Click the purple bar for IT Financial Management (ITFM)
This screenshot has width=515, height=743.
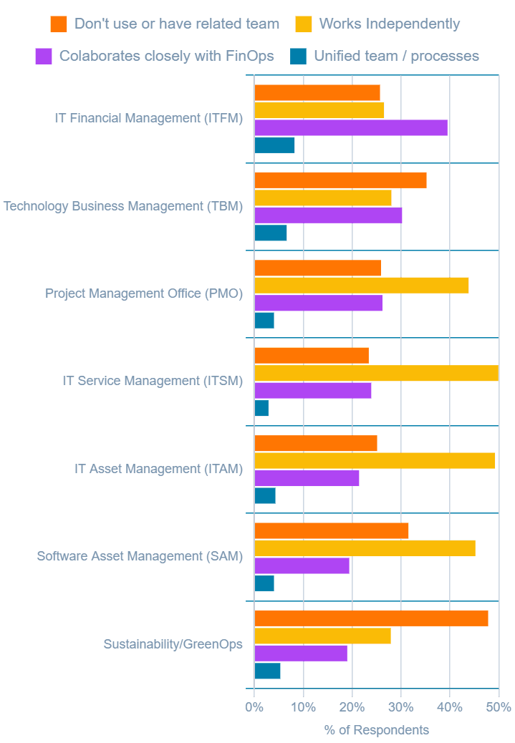[x=351, y=127]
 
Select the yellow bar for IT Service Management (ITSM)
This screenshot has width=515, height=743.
[x=376, y=373]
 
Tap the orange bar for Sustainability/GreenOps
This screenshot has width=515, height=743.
[x=371, y=618]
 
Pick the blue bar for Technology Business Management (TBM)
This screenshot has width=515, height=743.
[x=271, y=233]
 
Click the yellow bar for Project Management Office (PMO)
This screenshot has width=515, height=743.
[x=362, y=285]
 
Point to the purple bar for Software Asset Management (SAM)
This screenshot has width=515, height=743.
[x=302, y=565]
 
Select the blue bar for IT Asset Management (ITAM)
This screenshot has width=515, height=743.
[x=265, y=495]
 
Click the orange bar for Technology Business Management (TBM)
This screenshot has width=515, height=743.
[x=340, y=180]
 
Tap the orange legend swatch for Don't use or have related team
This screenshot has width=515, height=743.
[x=59, y=24]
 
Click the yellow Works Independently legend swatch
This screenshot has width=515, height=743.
[x=303, y=24]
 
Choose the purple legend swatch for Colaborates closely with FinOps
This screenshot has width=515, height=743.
[x=44, y=56]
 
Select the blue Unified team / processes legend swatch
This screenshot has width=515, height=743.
[x=299, y=56]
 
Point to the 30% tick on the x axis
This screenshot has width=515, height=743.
[x=400, y=707]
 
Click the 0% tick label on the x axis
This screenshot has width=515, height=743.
[x=254, y=707]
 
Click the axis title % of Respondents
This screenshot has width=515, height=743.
[x=376, y=730]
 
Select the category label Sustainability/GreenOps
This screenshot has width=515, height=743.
[x=173, y=644]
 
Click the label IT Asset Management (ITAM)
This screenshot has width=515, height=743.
[x=158, y=469]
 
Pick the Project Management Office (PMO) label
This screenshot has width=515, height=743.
[x=144, y=293]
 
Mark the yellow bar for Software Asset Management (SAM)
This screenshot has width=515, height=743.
[x=365, y=548]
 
